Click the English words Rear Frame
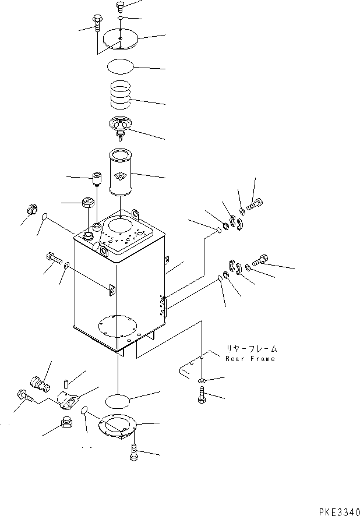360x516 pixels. (250, 359)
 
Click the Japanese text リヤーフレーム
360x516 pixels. (251, 348)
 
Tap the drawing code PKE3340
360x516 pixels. (339, 512)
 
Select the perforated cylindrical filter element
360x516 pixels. (120, 172)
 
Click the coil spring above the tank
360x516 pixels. (120, 95)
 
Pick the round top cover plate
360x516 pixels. (121, 40)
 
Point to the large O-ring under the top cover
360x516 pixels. (121, 67)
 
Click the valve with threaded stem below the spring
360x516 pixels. (120, 129)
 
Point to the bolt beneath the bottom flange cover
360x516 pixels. (134, 452)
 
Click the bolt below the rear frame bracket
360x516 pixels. (202, 394)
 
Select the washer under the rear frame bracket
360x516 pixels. (202, 381)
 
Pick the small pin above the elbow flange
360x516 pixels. (65, 384)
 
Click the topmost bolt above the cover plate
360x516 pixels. (121, 6)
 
